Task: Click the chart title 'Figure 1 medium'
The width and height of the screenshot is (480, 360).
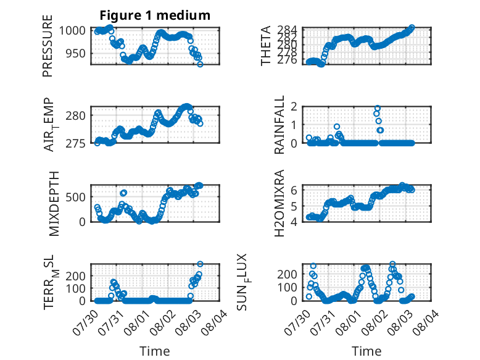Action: coord(155,15)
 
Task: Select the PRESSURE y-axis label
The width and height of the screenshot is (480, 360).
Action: coord(48,46)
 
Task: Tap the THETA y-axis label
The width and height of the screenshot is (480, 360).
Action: coord(266,46)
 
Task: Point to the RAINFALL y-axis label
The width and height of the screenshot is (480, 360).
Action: coord(279,125)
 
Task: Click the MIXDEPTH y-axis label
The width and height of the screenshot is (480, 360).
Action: coord(54,204)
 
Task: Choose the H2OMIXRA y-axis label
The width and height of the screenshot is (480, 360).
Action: coord(279,203)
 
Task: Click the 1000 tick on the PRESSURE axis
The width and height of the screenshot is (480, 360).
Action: coord(72,31)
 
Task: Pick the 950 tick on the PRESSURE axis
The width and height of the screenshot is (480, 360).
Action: coord(75,53)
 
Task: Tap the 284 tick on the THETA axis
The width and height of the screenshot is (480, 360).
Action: coord(287,30)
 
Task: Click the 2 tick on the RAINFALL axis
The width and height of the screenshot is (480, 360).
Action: coord(294,107)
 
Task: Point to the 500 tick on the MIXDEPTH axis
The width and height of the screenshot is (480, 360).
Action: coord(75,197)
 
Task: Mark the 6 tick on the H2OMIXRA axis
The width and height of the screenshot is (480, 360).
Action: coord(294,190)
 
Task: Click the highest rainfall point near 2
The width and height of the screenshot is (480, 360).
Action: coord(378,108)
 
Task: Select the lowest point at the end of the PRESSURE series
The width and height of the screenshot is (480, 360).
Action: coord(200,64)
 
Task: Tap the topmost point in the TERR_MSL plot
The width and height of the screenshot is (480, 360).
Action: coord(200,264)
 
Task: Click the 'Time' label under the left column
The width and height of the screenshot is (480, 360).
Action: coord(155,351)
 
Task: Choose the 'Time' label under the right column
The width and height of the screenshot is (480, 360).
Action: coord(366,351)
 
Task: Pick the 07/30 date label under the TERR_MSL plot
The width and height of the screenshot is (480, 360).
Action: coord(85,322)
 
